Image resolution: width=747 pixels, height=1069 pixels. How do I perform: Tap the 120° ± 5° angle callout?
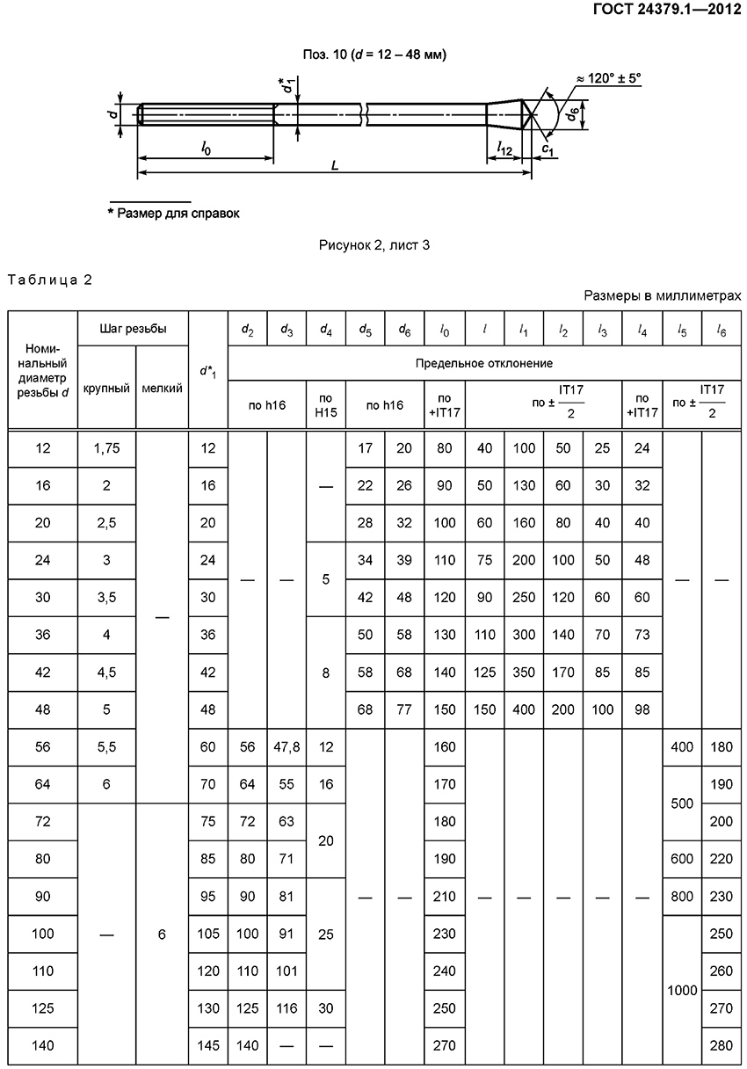pyautogui.click(x=609, y=78)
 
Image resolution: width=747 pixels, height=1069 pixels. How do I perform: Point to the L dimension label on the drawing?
pyautogui.click(x=335, y=165)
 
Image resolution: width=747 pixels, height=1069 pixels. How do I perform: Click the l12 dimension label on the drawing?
pyautogui.click(x=504, y=149)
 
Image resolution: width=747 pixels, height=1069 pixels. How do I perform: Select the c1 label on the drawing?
pyautogui.click(x=547, y=150)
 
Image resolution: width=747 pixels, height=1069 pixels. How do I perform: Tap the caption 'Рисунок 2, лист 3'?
pyautogui.click(x=373, y=245)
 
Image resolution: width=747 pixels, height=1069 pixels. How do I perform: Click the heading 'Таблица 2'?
pyautogui.click(x=50, y=280)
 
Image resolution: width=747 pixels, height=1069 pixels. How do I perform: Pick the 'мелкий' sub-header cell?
pyautogui.click(x=162, y=388)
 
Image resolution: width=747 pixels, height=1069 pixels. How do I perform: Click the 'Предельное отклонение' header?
pyautogui.click(x=484, y=362)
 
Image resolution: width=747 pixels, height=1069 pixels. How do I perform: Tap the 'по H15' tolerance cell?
pyautogui.click(x=326, y=404)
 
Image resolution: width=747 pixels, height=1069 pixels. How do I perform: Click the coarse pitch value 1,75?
pyautogui.click(x=106, y=448)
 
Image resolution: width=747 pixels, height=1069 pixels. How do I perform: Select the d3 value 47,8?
pyautogui.click(x=287, y=747)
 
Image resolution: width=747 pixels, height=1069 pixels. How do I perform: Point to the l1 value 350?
pyautogui.click(x=524, y=673)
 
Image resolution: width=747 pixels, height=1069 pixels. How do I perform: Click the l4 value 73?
pyautogui.click(x=642, y=635)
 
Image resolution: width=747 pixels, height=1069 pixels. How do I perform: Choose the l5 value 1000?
pyautogui.click(x=682, y=990)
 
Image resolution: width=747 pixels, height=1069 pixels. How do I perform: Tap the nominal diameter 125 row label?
pyautogui.click(x=43, y=1008)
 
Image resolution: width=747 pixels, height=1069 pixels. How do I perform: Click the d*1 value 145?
pyautogui.click(x=208, y=1045)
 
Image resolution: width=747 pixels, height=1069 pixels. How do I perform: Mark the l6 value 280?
pyautogui.click(x=722, y=1045)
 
